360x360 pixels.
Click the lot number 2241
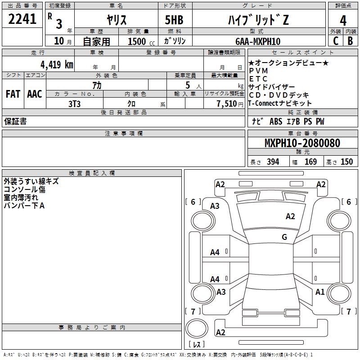click(22, 19)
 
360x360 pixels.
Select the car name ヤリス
click(117, 20)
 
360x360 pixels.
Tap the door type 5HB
click(174, 20)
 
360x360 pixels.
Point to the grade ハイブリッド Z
click(258, 20)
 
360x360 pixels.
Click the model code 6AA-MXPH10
click(258, 41)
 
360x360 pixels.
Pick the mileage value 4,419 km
click(57, 64)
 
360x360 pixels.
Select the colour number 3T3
click(74, 104)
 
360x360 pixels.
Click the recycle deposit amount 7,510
click(227, 104)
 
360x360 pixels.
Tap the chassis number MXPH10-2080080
click(302, 143)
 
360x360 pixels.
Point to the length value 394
click(273, 162)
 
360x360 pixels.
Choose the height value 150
click(346, 162)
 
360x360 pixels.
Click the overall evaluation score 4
click(343, 21)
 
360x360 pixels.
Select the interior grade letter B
click(350, 41)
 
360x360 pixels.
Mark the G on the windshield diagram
click(284, 237)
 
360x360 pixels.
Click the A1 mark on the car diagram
click(320, 292)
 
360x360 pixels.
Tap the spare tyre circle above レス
click(197, 328)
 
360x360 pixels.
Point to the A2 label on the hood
click(290, 216)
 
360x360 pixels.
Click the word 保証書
click(15, 121)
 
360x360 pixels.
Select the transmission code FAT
click(13, 94)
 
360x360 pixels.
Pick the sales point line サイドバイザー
click(272, 87)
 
